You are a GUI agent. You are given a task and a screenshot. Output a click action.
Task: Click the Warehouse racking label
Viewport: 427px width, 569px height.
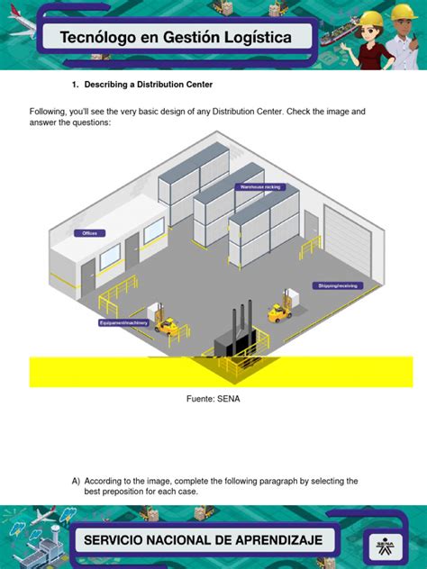click(x=259, y=187)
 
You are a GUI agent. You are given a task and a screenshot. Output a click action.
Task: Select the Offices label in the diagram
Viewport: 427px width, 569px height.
click(x=89, y=233)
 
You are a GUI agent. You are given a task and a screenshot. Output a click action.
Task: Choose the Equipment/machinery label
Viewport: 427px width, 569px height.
click(x=123, y=322)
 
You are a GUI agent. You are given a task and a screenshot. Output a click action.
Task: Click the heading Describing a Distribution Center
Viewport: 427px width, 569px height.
click(x=148, y=85)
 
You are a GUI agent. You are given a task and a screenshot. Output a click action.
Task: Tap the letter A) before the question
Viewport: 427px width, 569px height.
click(x=76, y=482)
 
